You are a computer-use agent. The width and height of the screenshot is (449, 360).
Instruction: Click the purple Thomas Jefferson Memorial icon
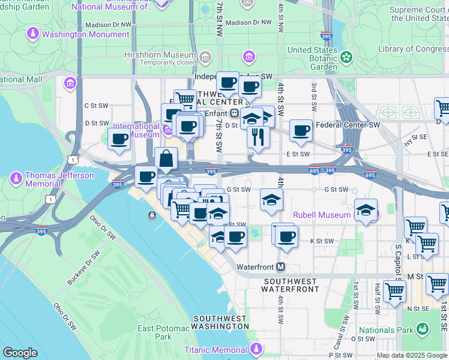pyautogui.click(x=17, y=178)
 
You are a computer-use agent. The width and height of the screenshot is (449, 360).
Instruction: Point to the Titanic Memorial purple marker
pyautogui.click(x=257, y=349)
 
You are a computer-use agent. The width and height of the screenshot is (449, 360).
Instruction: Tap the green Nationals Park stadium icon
pyautogui.click(x=423, y=329)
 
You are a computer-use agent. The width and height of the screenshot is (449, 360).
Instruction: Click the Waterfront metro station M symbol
pyautogui.click(x=280, y=266)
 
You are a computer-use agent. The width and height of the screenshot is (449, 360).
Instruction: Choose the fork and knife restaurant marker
pyautogui.click(x=258, y=137)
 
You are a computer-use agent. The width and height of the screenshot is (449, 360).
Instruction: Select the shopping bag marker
pyautogui.click(x=167, y=159)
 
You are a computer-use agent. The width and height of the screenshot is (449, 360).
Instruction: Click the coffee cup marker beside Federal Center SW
pyautogui.click(x=301, y=130)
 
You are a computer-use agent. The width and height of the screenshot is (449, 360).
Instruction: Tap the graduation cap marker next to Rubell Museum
pyautogui.click(x=365, y=210)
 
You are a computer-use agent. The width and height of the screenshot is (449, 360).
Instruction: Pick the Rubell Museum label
pyautogui.click(x=322, y=215)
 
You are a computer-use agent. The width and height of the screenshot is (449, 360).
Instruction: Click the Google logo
pyautogui.click(x=20, y=353)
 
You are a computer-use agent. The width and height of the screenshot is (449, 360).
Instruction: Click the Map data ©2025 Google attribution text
pyautogui.click(x=412, y=355)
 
